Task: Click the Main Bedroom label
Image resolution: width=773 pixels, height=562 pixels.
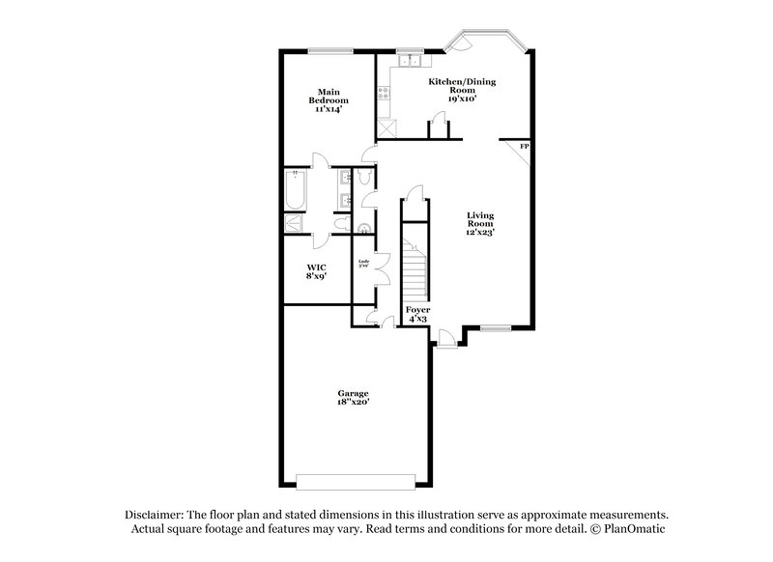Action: [328, 100]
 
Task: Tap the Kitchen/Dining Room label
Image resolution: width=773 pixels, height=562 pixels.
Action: [467, 90]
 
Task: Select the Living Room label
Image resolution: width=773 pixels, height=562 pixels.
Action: [480, 223]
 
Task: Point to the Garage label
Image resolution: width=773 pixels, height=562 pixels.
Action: [353, 396]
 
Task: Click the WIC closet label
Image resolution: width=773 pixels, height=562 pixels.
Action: [315, 270]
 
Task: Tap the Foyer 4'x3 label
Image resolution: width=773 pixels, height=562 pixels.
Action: [417, 314]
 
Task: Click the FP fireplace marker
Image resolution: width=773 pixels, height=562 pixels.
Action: [524, 146]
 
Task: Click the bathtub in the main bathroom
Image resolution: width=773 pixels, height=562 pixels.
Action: [295, 190]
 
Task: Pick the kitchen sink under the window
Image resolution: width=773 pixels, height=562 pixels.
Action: [407, 64]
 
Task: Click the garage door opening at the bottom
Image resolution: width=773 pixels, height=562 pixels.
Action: [356, 481]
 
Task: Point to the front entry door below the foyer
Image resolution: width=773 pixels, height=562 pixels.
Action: [445, 338]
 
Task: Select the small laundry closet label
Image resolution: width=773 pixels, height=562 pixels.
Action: [365, 262]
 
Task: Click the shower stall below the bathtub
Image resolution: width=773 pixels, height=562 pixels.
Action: [294, 223]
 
